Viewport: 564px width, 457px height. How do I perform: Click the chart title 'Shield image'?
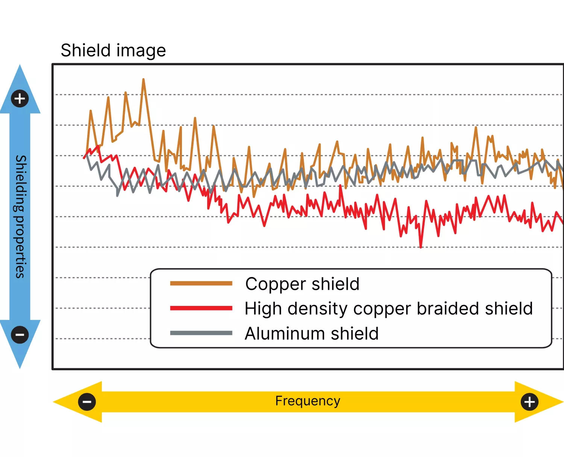pyautogui.click(x=113, y=50)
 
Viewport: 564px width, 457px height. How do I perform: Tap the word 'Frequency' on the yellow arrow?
pyautogui.click(x=308, y=401)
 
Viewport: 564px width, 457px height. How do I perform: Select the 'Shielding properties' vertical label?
pyautogui.click(x=20, y=216)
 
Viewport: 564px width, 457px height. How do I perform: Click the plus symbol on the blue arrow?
pyautogui.click(x=20, y=99)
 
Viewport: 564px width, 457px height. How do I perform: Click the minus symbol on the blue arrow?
pyautogui.click(x=20, y=335)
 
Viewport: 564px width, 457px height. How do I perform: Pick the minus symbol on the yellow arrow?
pyautogui.click(x=87, y=402)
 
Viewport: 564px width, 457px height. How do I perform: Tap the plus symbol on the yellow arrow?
pyautogui.click(x=529, y=402)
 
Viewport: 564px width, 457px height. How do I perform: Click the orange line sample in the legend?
pyautogui.click(x=201, y=283)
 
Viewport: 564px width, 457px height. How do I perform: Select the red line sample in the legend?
pyautogui.click(x=201, y=308)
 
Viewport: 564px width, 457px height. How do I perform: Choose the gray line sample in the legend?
pyautogui.click(x=201, y=333)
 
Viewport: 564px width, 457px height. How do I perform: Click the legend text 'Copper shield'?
pyautogui.click(x=302, y=284)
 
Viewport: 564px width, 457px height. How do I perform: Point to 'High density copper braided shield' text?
pyautogui.click(x=389, y=309)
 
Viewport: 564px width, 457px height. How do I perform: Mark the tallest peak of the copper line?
pyautogui.click(x=143, y=79)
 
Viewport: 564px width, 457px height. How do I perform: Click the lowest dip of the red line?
pyautogui.click(x=420, y=247)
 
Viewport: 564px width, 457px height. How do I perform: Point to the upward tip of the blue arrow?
pyautogui.click(x=20, y=65)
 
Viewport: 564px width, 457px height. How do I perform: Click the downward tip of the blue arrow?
pyautogui.click(x=20, y=368)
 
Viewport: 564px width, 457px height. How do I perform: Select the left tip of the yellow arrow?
pyautogui.click(x=53, y=402)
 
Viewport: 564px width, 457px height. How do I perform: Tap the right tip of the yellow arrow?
pyautogui.click(x=563, y=402)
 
